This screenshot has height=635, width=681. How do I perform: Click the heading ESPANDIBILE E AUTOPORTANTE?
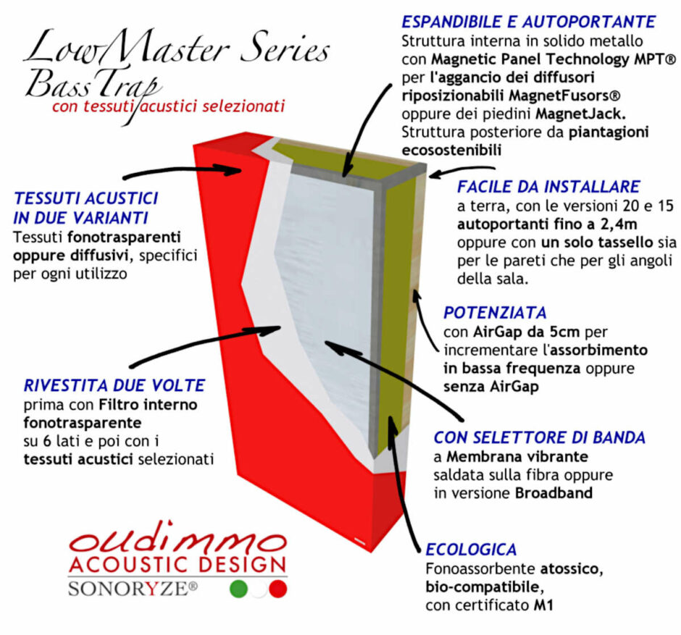(x=529, y=22)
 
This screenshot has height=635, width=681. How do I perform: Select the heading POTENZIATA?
(x=495, y=313)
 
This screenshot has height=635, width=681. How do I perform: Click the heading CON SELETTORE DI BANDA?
(x=539, y=437)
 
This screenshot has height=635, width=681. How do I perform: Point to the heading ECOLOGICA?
(x=471, y=549)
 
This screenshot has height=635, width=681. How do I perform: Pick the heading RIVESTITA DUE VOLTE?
(x=114, y=384)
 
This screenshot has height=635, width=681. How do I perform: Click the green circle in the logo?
(x=238, y=589)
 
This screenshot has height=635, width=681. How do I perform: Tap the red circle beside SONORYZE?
(x=278, y=589)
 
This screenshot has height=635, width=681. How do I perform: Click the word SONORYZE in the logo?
(x=132, y=589)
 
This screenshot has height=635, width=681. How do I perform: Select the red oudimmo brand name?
(x=177, y=542)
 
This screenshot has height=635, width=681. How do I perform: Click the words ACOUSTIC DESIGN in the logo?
(x=177, y=565)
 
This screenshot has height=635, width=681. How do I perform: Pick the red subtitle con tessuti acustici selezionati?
(x=168, y=106)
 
